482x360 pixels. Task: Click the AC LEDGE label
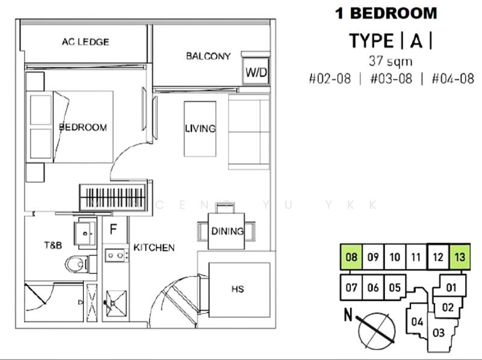85,42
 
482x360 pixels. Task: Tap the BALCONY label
208,56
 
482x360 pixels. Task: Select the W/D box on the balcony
256,72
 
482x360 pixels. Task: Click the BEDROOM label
83,127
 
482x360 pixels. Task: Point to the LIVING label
200,128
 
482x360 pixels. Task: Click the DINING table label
227,231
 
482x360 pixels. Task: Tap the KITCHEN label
154,247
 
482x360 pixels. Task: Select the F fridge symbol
113,230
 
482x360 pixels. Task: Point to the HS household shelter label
237,290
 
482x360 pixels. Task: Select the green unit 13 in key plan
460,257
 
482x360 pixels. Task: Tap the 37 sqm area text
390,60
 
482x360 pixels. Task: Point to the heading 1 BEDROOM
386,13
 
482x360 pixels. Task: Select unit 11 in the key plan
416,257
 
